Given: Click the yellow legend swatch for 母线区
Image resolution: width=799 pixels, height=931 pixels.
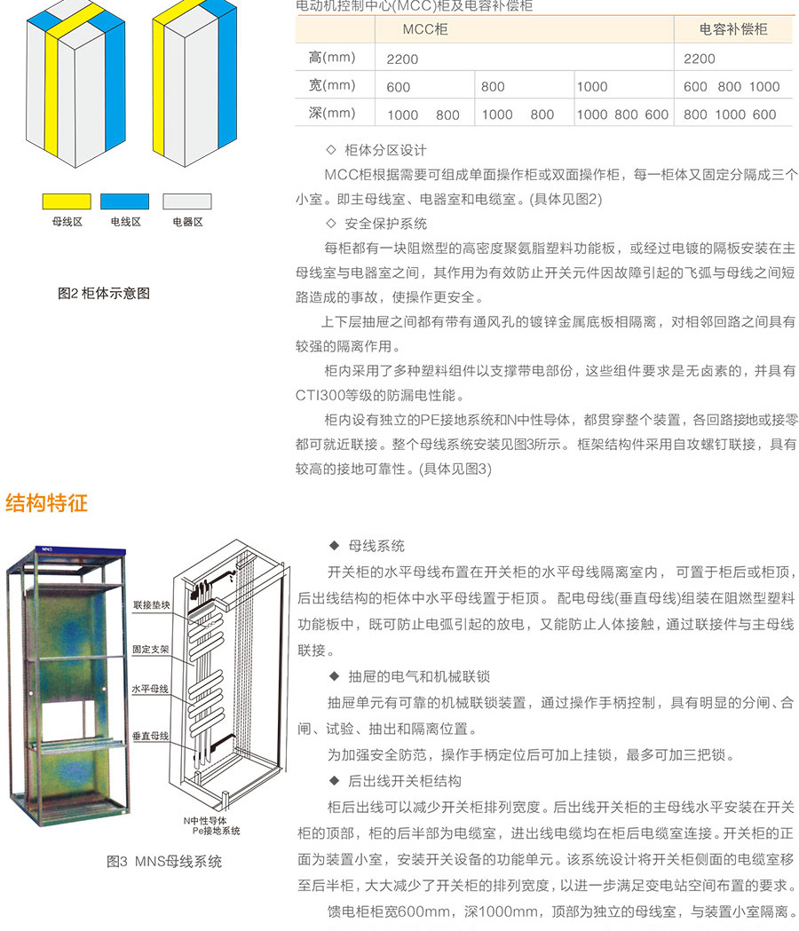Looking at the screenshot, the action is [67, 201].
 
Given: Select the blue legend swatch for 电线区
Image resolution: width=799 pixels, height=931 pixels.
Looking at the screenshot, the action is [125, 201].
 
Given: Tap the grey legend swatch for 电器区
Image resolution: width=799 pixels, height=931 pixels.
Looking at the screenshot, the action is [187, 201].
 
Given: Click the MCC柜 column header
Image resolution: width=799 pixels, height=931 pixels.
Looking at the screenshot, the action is [425, 29].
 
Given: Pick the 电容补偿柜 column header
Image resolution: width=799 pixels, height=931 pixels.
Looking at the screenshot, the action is [733, 29].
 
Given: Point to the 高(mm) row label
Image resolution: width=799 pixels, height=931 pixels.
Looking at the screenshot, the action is [332, 58].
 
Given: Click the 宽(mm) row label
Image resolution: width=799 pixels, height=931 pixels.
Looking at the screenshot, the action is [332, 85].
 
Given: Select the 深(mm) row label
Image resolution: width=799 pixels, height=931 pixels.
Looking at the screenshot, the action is [332, 114].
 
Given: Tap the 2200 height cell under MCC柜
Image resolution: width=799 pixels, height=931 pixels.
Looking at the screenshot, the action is [402, 59].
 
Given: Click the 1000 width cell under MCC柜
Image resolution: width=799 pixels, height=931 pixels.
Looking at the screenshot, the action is [592, 87].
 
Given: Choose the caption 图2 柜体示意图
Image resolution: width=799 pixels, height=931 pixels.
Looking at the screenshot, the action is [104, 293].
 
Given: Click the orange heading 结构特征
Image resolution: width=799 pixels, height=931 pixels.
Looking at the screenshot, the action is [47, 503].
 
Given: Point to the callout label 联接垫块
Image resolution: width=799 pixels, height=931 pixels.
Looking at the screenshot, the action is [152, 605].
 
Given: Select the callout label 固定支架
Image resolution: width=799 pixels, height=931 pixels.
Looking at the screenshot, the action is [150, 650].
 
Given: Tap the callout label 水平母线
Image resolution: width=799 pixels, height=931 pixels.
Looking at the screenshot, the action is [150, 689].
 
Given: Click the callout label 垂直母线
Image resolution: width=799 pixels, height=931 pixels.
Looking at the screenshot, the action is [150, 737].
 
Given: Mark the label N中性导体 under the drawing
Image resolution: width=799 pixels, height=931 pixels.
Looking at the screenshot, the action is [205, 821].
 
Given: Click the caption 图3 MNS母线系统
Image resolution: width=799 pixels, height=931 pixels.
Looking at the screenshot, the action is [164, 862].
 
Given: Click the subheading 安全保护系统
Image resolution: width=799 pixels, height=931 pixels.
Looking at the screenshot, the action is [386, 224].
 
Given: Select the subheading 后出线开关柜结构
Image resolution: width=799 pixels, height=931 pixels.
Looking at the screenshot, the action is [405, 781].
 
